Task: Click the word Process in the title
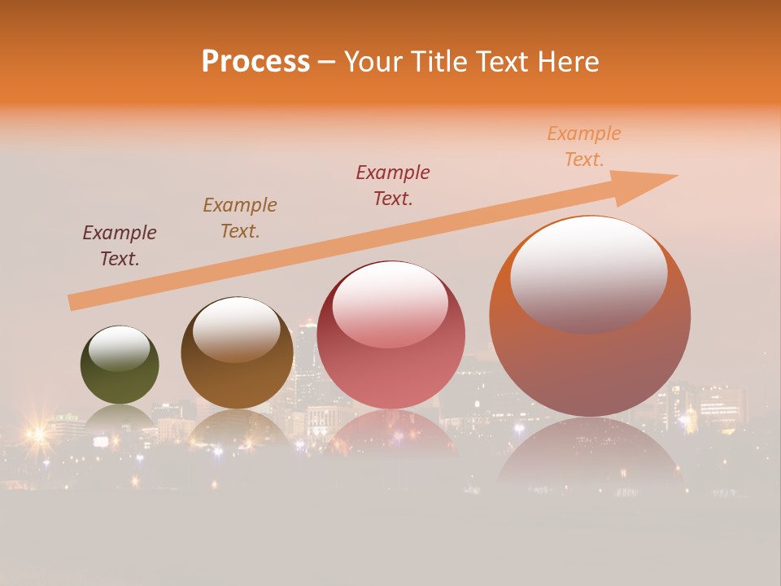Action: [x=255, y=62]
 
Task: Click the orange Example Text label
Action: [x=583, y=146]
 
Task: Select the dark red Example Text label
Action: [x=393, y=185]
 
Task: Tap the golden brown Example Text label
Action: [x=240, y=217]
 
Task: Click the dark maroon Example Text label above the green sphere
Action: [x=120, y=245]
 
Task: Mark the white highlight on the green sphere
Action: [x=119, y=348]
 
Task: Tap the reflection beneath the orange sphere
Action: [x=590, y=456]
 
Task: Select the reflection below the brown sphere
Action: [x=237, y=427]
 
